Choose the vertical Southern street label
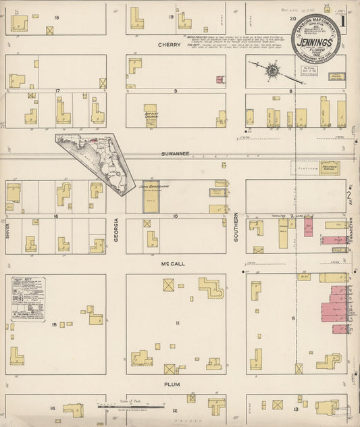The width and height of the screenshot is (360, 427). [236, 230]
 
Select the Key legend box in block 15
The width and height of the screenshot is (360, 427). [28, 298]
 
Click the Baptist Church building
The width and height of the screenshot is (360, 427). [151, 116]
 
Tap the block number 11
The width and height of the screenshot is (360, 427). [177, 324]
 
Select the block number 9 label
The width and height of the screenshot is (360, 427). [175, 91]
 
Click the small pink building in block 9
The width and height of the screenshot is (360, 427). [220, 80]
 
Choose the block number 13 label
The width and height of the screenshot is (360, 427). [295, 409]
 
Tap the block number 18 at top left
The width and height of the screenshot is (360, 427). [57, 17]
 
